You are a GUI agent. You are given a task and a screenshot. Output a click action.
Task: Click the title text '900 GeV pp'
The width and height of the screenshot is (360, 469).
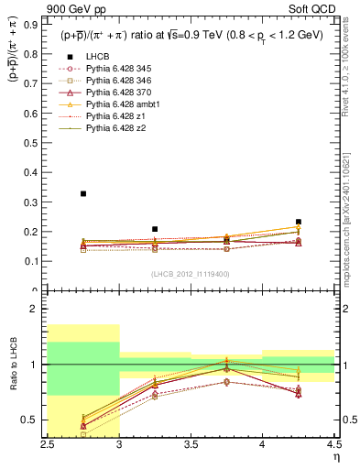click(74, 11)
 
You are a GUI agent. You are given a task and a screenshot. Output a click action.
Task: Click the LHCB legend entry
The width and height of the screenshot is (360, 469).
click(98, 57)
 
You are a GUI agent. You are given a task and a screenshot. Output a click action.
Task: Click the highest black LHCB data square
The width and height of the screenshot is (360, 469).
click(83, 193)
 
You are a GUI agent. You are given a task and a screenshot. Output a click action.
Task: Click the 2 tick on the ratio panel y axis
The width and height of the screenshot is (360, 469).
click(38, 309)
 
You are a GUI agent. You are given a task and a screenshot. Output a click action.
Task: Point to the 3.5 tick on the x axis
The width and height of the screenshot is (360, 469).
click(191, 444)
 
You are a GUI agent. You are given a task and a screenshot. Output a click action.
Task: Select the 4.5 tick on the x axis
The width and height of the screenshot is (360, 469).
click(333, 444)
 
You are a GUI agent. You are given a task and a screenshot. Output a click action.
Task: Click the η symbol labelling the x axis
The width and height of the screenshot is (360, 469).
click(336, 457)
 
